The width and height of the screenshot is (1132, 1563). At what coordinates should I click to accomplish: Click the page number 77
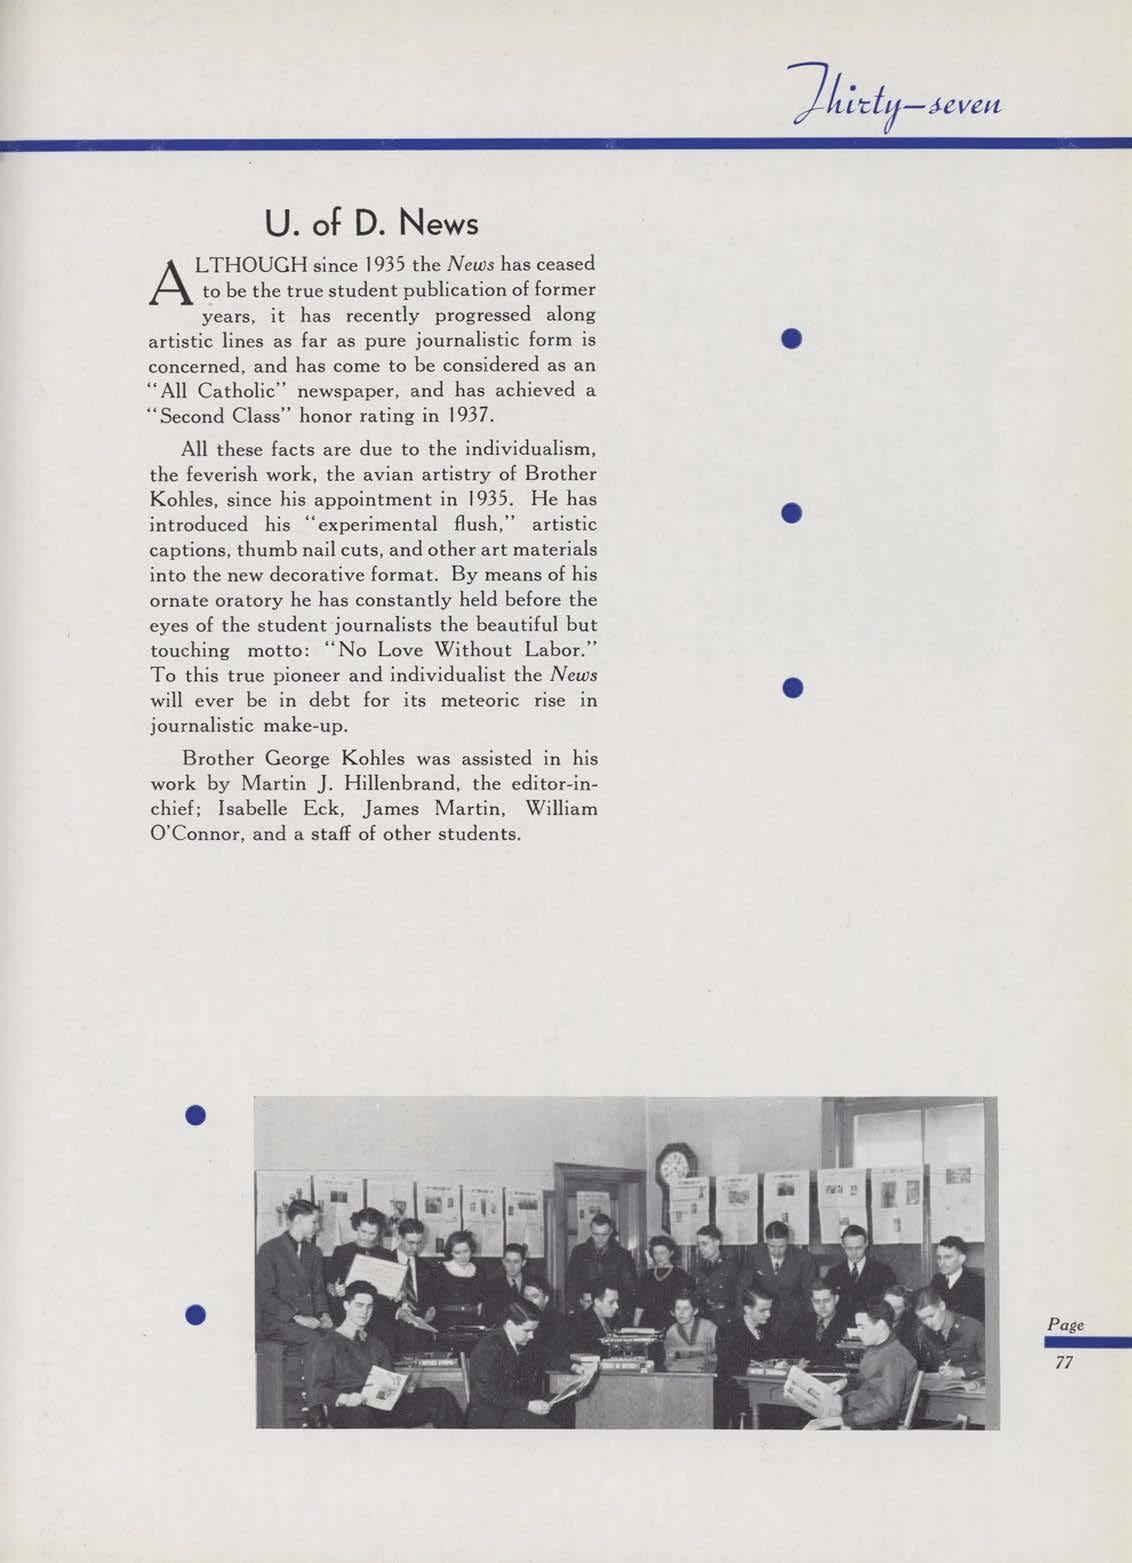click(x=1063, y=1362)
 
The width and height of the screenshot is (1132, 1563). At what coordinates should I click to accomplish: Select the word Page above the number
click(x=1065, y=1324)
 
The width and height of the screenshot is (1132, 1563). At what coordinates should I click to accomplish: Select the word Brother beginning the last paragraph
click(x=220, y=758)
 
